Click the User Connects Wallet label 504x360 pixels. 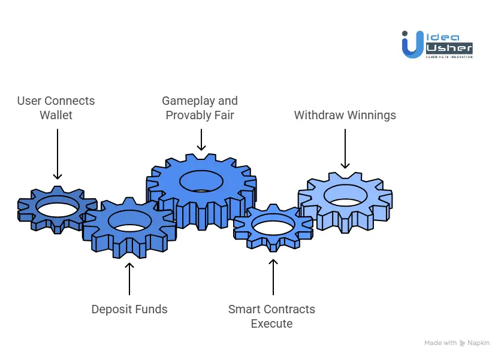point(56,108)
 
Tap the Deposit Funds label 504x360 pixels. point(129,310)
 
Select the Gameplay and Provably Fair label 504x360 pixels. point(200,108)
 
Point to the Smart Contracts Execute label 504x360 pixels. point(271,316)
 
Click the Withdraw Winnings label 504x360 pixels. point(345,115)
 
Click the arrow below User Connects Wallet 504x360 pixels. point(58,154)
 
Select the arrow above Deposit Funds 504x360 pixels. point(129,279)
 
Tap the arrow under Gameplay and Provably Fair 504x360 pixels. point(201,140)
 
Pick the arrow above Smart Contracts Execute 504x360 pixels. point(273,276)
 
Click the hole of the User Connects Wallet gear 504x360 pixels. point(58,207)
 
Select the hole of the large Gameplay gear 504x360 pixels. point(202,180)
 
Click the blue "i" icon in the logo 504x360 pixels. point(411,45)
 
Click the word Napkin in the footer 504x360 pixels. point(479,343)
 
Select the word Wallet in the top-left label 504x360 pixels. point(56,115)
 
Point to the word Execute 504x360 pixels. point(271,323)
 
